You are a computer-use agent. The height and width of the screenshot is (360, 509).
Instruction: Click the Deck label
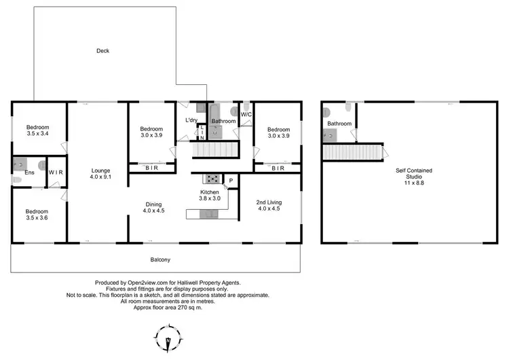[x=102, y=51]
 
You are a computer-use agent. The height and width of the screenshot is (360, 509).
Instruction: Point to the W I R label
[x=56, y=173]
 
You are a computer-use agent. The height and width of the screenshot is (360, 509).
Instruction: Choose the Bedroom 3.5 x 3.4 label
[x=38, y=131]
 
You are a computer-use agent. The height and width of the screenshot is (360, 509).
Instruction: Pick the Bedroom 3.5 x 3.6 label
[x=38, y=215]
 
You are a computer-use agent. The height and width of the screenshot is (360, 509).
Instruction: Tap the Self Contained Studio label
[x=415, y=175]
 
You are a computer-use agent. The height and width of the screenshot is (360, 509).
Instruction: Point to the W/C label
[x=246, y=114]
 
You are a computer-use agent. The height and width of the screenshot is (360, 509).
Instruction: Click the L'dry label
[x=192, y=120]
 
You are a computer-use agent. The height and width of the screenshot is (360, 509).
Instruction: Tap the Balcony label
[x=160, y=259]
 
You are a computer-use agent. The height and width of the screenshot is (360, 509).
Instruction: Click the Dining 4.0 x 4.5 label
[x=153, y=207]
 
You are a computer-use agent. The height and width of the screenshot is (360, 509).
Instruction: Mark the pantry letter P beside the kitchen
[x=231, y=181]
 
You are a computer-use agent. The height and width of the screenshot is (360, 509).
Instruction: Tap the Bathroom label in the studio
[x=339, y=124]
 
